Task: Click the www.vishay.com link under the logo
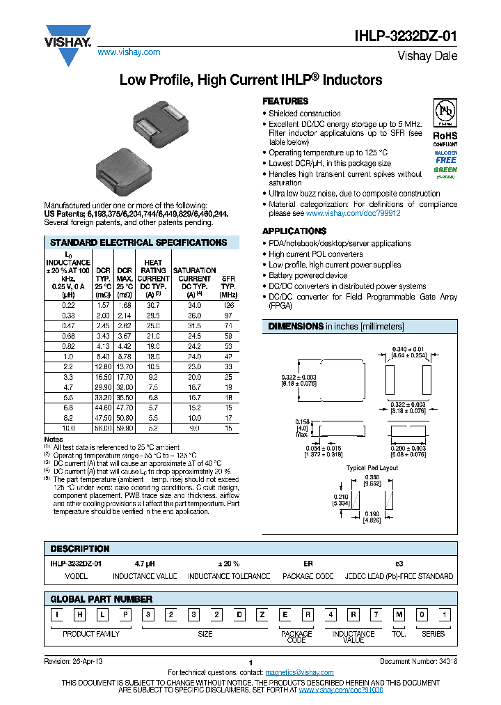pyautogui.click(x=129, y=52)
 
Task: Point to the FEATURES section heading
pyautogui.click(x=285, y=101)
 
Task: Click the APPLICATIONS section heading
pyautogui.click(x=294, y=231)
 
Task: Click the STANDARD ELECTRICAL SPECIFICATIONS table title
pyautogui.click(x=138, y=242)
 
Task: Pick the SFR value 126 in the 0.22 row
pyautogui.click(x=228, y=286)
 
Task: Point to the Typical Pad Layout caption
pyautogui.click(x=372, y=468)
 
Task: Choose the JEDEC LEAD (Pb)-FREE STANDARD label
pyautogui.click(x=399, y=576)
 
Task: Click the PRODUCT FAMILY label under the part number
pyautogui.click(x=91, y=634)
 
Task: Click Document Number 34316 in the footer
pyautogui.click(x=418, y=661)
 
